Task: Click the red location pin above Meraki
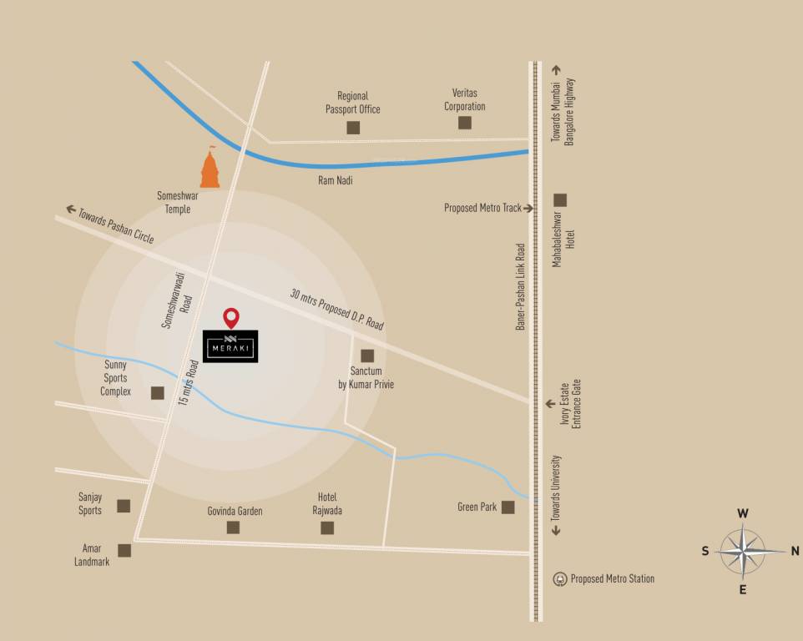tap(231, 317)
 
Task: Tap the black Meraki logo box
tap(230, 346)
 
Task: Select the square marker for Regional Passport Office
tap(353, 128)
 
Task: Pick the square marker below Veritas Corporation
tap(464, 123)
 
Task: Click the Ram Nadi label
tap(336, 179)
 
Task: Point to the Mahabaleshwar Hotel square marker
tap(560, 199)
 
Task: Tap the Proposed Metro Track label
tap(482, 208)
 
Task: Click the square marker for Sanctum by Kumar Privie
tap(367, 356)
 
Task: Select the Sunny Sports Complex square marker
tap(158, 392)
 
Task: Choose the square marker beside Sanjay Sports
tap(124, 505)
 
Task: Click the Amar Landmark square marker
tap(124, 550)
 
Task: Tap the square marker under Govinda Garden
tap(233, 527)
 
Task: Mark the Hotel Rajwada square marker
tap(327, 527)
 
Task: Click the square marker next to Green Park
tap(508, 507)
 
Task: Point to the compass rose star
tap(742, 551)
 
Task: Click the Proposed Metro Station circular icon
tap(561, 578)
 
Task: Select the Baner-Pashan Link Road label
tap(520, 286)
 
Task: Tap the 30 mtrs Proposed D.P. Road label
tap(336, 309)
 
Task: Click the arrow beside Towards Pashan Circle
tap(71, 209)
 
